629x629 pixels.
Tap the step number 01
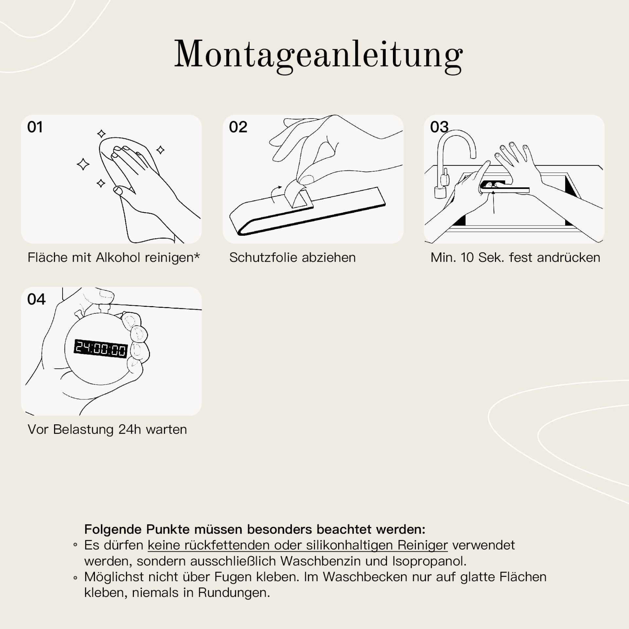(x=35, y=127)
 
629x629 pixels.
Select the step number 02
(x=238, y=127)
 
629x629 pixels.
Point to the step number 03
(x=439, y=127)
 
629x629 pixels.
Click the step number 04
(x=36, y=299)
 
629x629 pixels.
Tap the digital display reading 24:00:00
(x=101, y=349)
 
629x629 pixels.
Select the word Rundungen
(x=234, y=593)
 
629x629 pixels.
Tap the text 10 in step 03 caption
(x=467, y=258)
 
